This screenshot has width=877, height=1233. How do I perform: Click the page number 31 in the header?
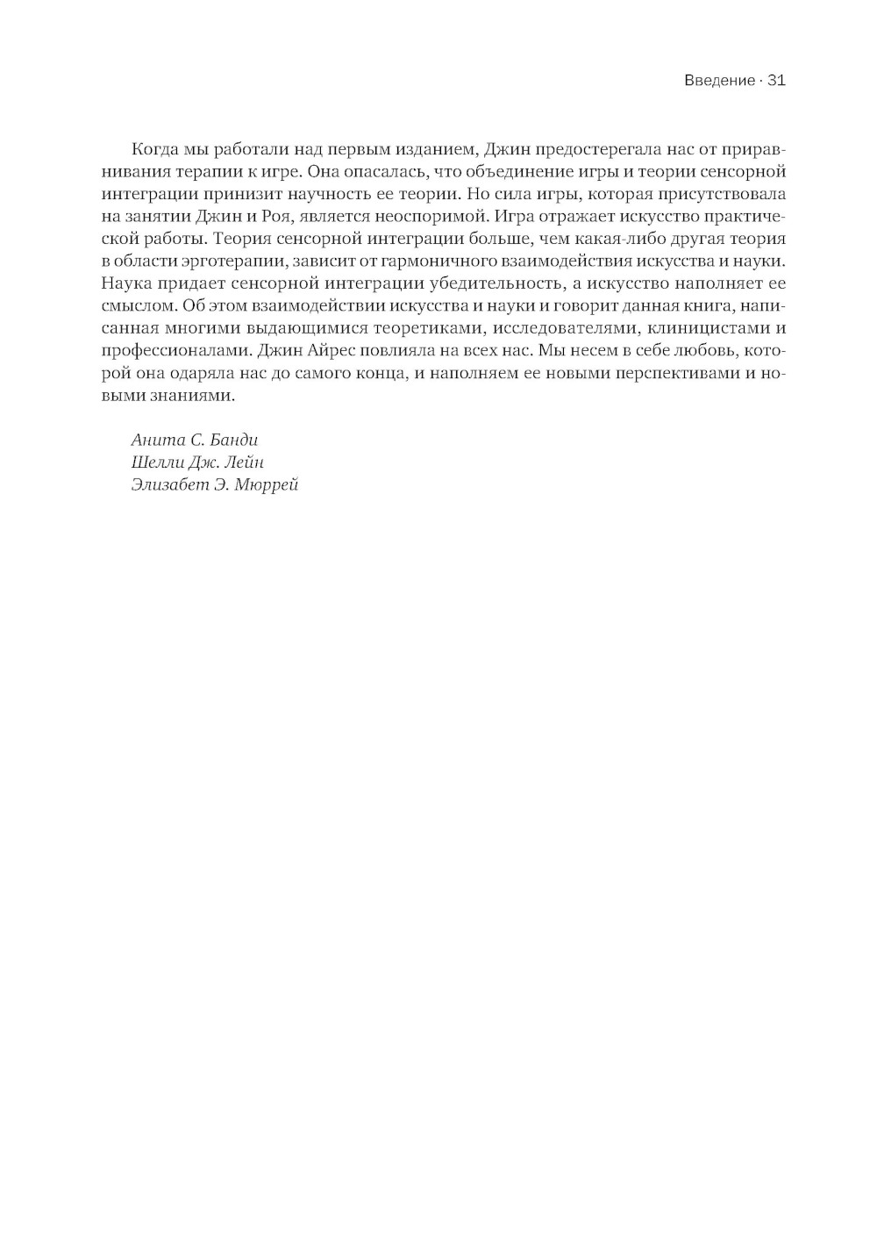tap(776, 81)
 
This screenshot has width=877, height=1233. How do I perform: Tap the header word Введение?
tap(718, 81)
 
